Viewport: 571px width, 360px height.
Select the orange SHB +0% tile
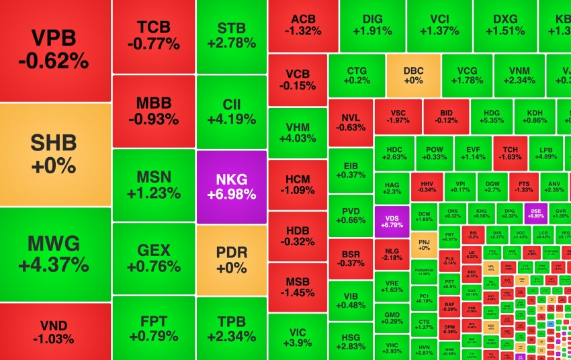click(x=54, y=154)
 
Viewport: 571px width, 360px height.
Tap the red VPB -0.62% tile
click(x=54, y=50)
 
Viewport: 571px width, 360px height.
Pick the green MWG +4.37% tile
click(x=54, y=254)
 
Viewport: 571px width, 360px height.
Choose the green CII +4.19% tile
click(x=232, y=112)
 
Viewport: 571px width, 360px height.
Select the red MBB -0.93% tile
click(x=154, y=111)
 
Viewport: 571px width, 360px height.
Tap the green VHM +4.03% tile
click(x=297, y=132)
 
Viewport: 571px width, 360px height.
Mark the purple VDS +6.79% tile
click(x=392, y=220)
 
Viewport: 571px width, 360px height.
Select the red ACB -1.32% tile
click(x=303, y=25)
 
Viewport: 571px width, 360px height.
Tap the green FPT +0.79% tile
click(x=154, y=328)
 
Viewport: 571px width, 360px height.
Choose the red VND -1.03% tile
click(x=54, y=331)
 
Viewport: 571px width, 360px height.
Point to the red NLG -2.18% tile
click(x=392, y=253)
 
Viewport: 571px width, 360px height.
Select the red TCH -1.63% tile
click(x=510, y=152)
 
